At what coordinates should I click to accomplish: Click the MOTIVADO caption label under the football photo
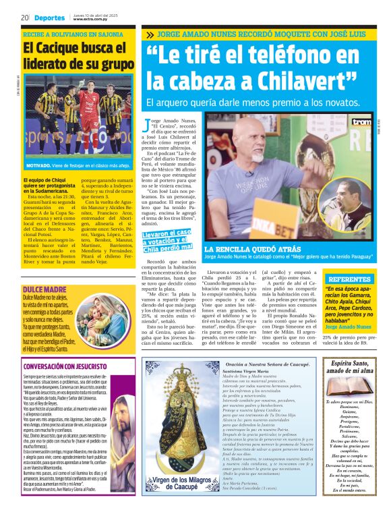[x=41, y=165]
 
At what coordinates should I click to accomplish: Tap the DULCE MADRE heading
[x=42, y=271]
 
